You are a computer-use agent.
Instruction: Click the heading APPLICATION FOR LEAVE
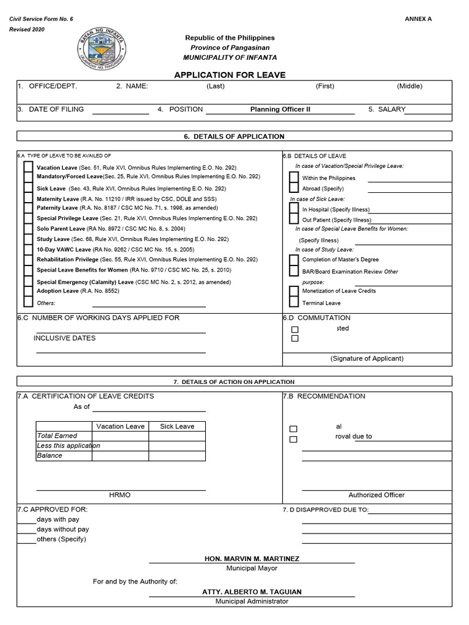(x=230, y=75)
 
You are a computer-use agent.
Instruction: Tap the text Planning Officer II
(x=280, y=109)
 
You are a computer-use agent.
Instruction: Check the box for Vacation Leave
(x=28, y=167)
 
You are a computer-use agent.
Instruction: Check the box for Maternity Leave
(x=28, y=198)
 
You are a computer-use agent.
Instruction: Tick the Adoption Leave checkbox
(x=28, y=292)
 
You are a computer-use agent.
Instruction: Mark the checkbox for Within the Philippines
(x=294, y=178)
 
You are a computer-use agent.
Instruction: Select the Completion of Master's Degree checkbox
(x=294, y=260)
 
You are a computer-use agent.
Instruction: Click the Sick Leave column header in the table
(x=177, y=426)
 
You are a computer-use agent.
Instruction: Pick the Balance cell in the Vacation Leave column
(x=120, y=455)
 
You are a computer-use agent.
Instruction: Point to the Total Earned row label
(x=57, y=436)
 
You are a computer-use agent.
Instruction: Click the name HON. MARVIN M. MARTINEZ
(x=252, y=558)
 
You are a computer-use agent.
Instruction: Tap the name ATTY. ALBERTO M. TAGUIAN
(x=252, y=592)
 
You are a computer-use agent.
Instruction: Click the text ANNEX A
(x=418, y=19)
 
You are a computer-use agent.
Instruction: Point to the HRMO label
(x=120, y=495)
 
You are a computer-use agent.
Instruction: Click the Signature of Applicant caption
(x=367, y=358)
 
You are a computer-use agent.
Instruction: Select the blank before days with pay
(x=27, y=519)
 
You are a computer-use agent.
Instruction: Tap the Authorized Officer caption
(x=376, y=495)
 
